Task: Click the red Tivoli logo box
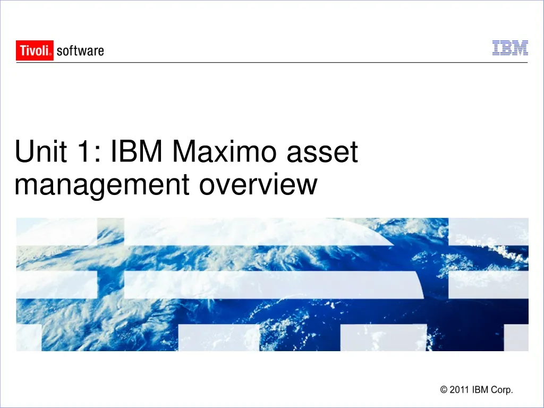tap(35, 50)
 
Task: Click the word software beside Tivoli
tap(80, 51)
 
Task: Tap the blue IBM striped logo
tap(510, 48)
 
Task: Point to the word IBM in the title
tap(137, 152)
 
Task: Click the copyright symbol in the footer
tap(444, 390)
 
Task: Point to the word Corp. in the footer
tap(502, 390)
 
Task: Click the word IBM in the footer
tap(481, 390)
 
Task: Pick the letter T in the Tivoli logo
tap(23, 50)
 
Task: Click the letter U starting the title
tap(24, 152)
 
